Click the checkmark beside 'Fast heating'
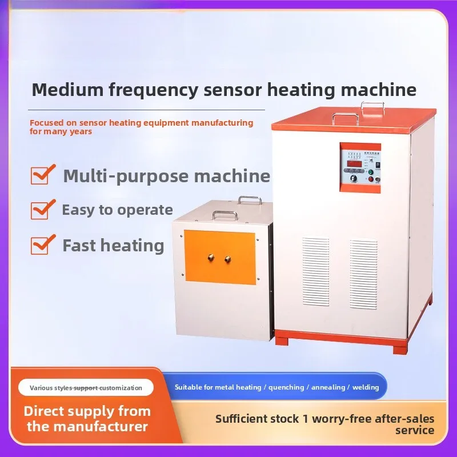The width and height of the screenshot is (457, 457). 41,245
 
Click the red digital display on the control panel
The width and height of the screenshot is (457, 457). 356,165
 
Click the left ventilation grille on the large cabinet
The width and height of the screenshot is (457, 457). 316,263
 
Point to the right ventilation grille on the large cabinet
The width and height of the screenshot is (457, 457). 363,266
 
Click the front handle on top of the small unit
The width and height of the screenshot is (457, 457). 225,215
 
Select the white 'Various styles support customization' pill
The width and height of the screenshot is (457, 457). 86,388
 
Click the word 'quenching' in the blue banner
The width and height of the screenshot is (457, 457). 287,387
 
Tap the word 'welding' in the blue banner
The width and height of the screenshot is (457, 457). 366,387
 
